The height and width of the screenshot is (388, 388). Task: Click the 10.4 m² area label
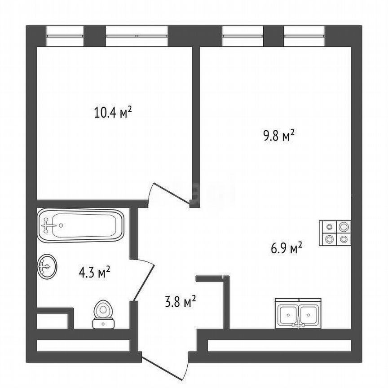pos(113,112)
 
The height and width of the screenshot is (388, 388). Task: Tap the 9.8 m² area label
pos(278,136)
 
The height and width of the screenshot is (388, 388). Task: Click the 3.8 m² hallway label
pos(180,301)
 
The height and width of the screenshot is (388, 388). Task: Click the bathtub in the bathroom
pos(81,225)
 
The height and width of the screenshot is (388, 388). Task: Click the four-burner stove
pos(335,234)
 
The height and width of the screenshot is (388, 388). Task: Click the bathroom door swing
pos(145,279)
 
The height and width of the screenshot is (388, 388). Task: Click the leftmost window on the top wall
pos(65,35)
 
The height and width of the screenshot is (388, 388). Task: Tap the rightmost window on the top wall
pos(304,35)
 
